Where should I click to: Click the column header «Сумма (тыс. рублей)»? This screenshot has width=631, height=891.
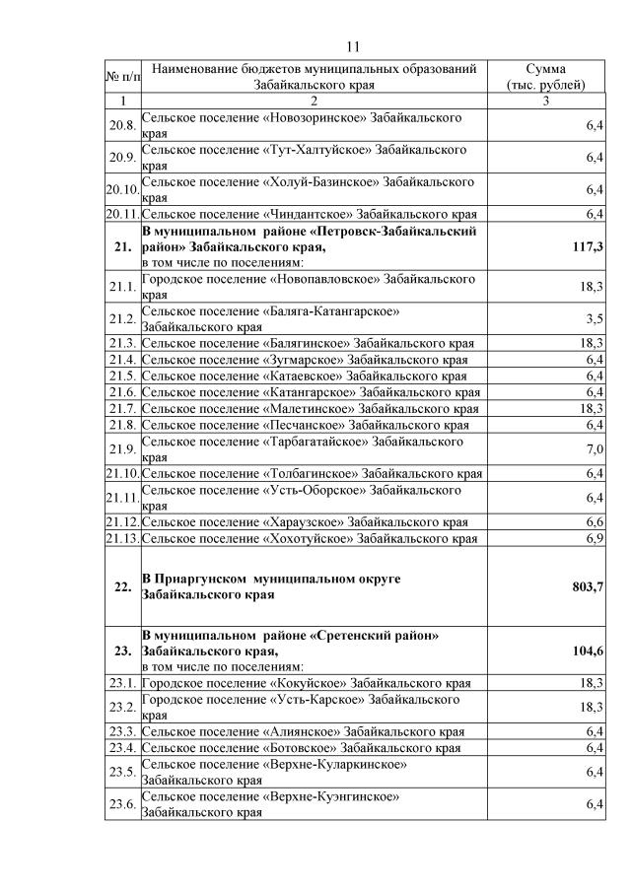(x=545, y=77)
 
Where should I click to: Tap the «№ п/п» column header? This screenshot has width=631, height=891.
(x=122, y=77)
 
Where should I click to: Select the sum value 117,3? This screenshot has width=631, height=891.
(x=588, y=246)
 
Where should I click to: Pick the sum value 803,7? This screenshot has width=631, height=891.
(x=588, y=586)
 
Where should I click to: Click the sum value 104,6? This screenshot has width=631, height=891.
(x=588, y=651)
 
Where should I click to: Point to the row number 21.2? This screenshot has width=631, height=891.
(x=122, y=318)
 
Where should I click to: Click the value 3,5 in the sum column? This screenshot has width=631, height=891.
(x=595, y=318)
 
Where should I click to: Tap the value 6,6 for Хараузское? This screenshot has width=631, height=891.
(x=595, y=521)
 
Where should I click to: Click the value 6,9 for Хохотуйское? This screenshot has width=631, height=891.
(x=595, y=538)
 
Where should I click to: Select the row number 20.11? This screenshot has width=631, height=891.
(x=122, y=214)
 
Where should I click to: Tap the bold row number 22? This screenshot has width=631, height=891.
(x=122, y=586)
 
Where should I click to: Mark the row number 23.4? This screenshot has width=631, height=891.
(x=122, y=748)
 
